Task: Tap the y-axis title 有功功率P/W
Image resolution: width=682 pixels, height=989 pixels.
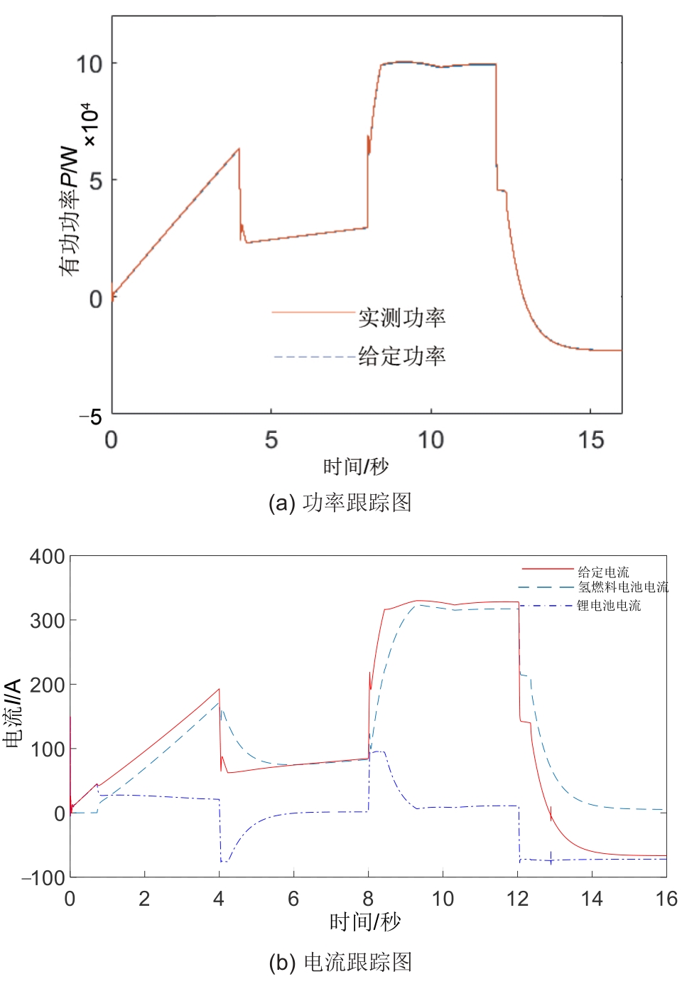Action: (69, 211)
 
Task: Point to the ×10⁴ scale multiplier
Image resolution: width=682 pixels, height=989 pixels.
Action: (88, 126)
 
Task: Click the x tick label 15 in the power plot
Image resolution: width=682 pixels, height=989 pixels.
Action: (590, 440)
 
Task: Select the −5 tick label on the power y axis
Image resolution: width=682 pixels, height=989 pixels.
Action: (92, 417)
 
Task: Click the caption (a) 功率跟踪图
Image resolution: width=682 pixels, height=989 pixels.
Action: (340, 503)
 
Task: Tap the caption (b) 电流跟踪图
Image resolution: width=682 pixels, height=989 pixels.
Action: (340, 962)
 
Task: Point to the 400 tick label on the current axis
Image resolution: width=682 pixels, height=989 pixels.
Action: (47, 557)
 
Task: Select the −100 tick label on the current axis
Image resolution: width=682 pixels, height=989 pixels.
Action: (43, 878)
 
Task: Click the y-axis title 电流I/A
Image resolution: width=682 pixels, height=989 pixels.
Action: (13, 713)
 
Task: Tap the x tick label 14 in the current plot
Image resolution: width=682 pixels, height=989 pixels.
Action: (592, 899)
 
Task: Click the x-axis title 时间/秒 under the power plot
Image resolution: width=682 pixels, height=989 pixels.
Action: (356, 467)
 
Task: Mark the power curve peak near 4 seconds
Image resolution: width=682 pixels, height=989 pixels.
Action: (239, 149)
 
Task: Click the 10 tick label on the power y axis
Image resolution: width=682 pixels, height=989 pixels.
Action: (90, 65)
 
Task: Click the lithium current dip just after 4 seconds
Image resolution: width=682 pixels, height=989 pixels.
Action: (223, 861)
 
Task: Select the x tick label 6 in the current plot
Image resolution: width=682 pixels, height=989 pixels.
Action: (293, 899)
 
